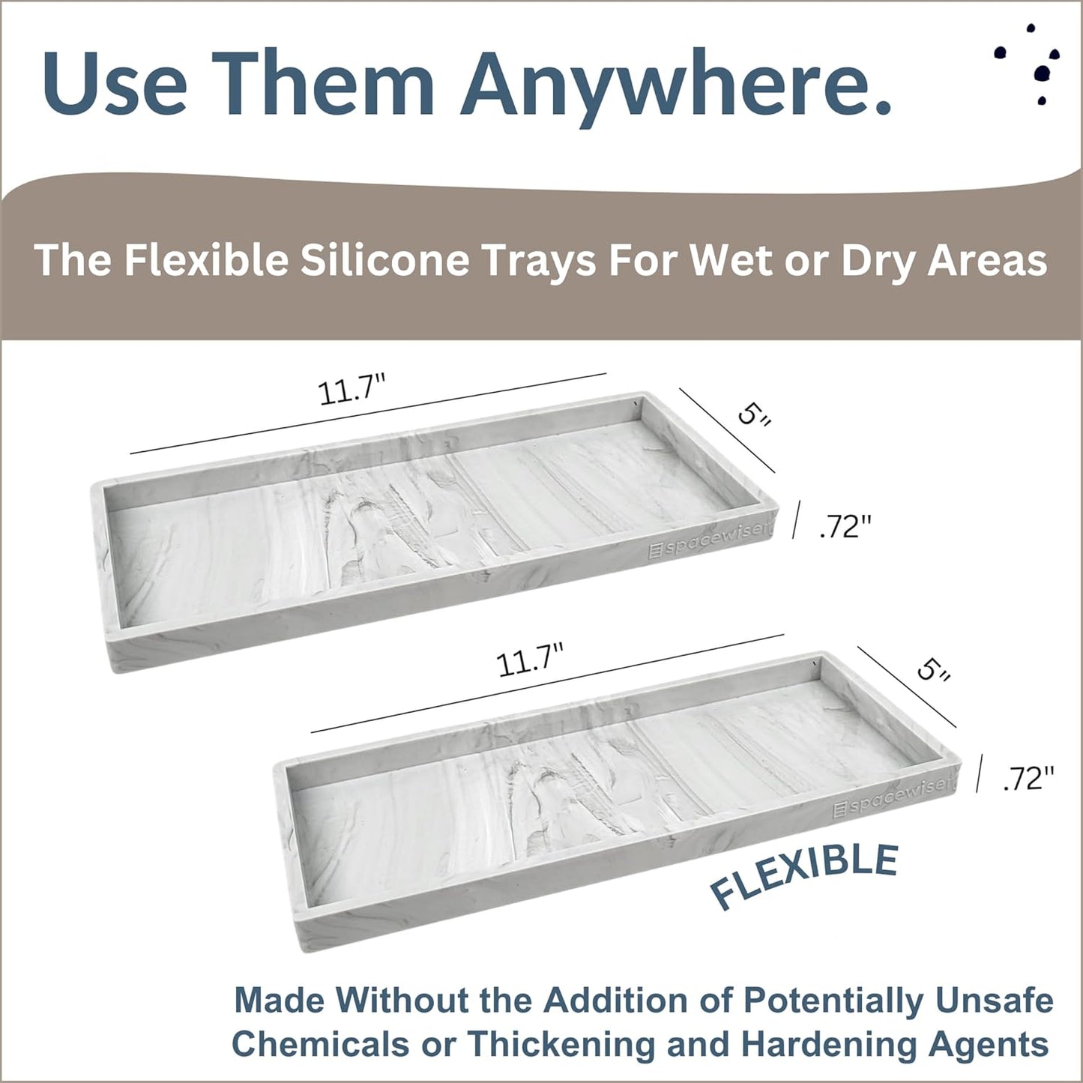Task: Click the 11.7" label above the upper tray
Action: pos(352,390)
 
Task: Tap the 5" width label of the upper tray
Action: pos(753,414)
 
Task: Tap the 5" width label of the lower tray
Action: pos(933,669)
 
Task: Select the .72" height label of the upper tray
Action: pos(845,527)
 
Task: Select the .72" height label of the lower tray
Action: pos(1028,779)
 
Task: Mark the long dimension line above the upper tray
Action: pos(367,414)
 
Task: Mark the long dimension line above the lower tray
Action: pos(547,684)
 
